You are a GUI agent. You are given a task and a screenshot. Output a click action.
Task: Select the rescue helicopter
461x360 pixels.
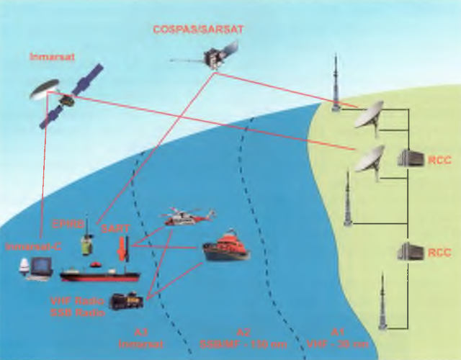pos(189,217)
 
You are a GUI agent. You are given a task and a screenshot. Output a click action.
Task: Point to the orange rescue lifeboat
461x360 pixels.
pos(225,246)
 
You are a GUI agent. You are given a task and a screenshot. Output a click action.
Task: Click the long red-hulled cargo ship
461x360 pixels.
pos(99,274)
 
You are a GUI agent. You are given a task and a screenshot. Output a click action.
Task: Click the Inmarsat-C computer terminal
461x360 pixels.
pos(36,267)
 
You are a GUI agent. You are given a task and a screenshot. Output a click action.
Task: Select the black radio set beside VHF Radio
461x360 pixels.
pos(125,301)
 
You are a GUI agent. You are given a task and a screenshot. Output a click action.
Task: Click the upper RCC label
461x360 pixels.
pos(439,160)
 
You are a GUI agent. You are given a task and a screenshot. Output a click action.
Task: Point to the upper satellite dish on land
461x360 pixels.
pos(369,114)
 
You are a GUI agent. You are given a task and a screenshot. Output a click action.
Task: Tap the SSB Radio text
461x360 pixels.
pos(76,311)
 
